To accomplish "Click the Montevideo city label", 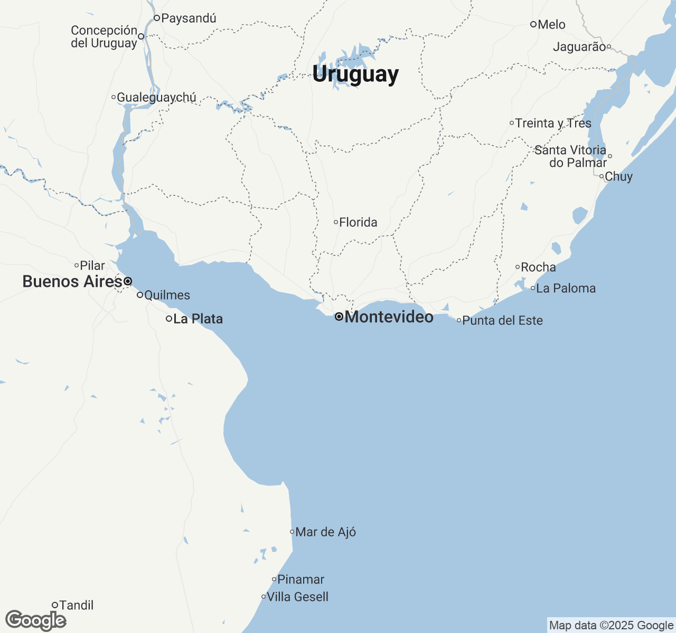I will [389, 317].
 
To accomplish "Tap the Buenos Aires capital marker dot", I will [128, 282].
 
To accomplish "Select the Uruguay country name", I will [355, 74].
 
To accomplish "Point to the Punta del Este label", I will [502, 321].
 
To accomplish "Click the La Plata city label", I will [198, 319].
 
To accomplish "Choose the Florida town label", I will [358, 223].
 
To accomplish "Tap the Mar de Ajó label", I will [325, 532].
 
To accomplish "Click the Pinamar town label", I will [301, 580].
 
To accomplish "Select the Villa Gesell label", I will [297, 597].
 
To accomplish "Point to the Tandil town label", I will [77, 606].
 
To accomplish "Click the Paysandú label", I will [189, 18].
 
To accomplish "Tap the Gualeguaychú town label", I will [156, 98].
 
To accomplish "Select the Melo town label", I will [551, 25].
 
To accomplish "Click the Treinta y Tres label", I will [553, 123].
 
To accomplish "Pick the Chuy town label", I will [618, 177].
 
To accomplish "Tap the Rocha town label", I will [538, 267].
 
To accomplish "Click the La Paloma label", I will [566, 289].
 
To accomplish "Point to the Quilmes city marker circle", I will [140, 295].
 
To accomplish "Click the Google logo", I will [36, 620].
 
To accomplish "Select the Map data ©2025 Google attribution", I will [611, 626].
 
